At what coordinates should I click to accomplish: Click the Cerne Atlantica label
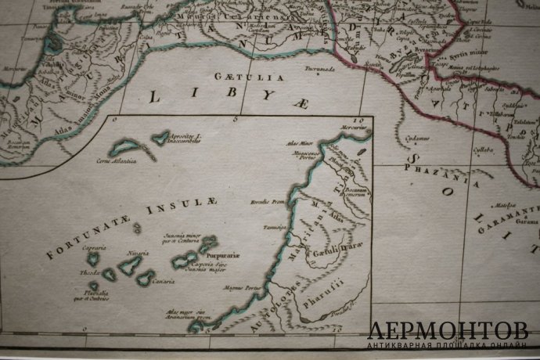click(x=117, y=160)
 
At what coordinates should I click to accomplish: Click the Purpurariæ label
click(x=222, y=254)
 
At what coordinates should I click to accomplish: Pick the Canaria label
click(x=164, y=279)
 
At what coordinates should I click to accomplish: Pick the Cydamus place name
click(x=418, y=139)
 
